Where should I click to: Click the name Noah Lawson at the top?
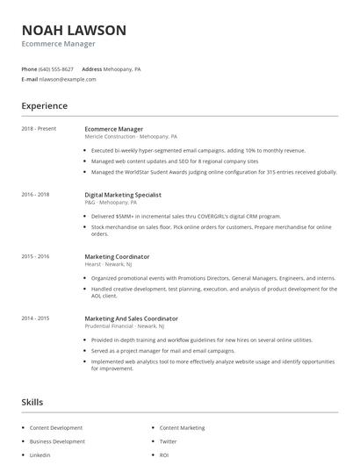[74, 30]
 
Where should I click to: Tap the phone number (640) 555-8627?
[57, 68]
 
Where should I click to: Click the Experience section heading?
[44, 106]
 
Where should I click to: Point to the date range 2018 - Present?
[39, 129]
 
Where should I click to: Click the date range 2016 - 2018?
[35, 194]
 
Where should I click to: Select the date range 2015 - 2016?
[35, 256]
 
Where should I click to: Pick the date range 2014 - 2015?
[35, 318]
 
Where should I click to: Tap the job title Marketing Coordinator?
[117, 256]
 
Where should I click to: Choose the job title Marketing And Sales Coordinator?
[131, 318]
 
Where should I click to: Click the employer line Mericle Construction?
[130, 137]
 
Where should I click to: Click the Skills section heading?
[32, 402]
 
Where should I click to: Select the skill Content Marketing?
[182, 428]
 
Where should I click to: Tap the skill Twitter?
[168, 441]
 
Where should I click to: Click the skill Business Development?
[57, 441]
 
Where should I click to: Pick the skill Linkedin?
[40, 455]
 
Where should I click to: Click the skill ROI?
[164, 455]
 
